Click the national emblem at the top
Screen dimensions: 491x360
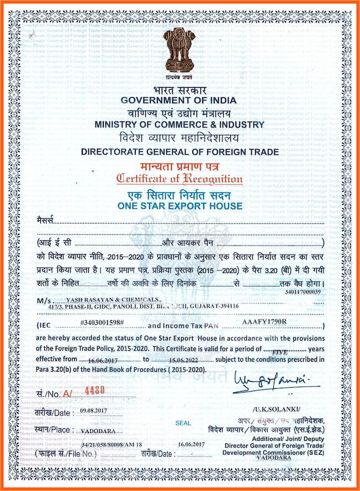tap(179, 53)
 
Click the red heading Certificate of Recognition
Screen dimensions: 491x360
tap(179, 178)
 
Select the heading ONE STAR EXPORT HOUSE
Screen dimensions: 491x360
tap(180, 206)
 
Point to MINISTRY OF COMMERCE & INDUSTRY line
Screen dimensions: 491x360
tap(179, 125)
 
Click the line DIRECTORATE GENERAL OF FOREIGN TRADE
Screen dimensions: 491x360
tap(180, 151)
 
